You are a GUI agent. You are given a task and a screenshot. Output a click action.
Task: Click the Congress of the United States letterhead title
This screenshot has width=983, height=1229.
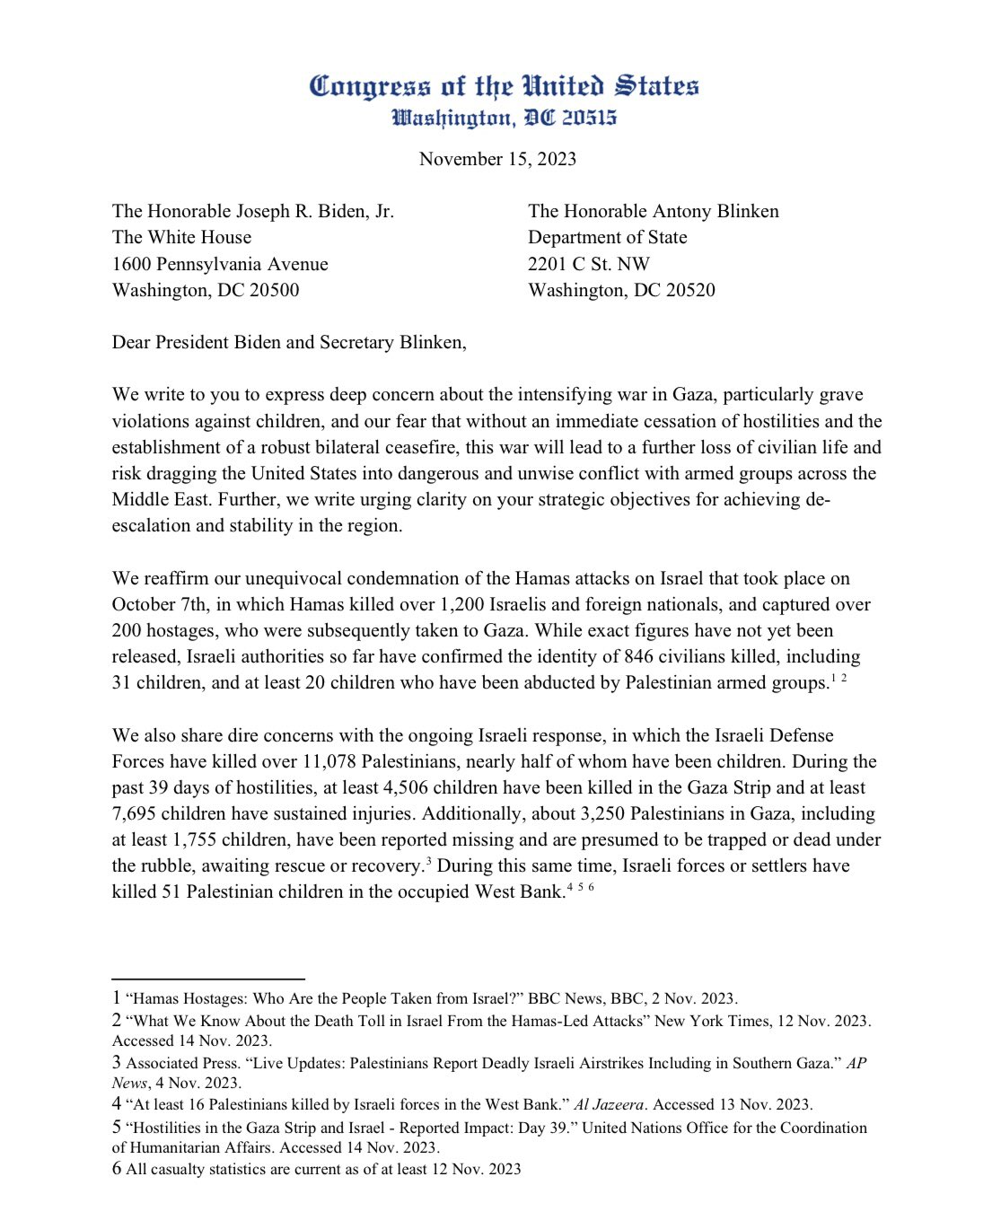point(504,86)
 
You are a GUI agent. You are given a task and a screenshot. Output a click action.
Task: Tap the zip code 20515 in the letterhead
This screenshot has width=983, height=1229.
point(590,118)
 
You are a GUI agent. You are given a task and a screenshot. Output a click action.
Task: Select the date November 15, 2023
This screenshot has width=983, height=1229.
point(497,159)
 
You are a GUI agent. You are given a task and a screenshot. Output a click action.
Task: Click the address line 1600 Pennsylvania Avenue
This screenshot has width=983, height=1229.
point(220,264)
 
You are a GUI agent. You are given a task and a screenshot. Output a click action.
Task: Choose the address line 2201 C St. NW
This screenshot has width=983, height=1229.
point(588,264)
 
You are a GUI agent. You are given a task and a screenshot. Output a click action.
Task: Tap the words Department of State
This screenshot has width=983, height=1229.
point(607,237)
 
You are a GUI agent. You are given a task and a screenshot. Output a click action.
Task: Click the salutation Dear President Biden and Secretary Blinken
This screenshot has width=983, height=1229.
point(289,342)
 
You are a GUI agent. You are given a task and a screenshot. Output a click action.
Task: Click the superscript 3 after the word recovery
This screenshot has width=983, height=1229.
point(429,862)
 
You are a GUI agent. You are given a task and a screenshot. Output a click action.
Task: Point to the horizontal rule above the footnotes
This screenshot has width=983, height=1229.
point(208,978)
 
